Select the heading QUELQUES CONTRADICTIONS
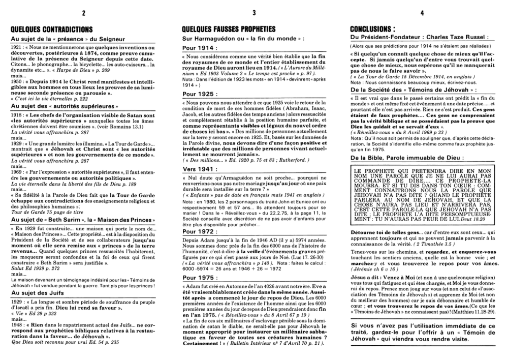pyautogui.click(x=52, y=29)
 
